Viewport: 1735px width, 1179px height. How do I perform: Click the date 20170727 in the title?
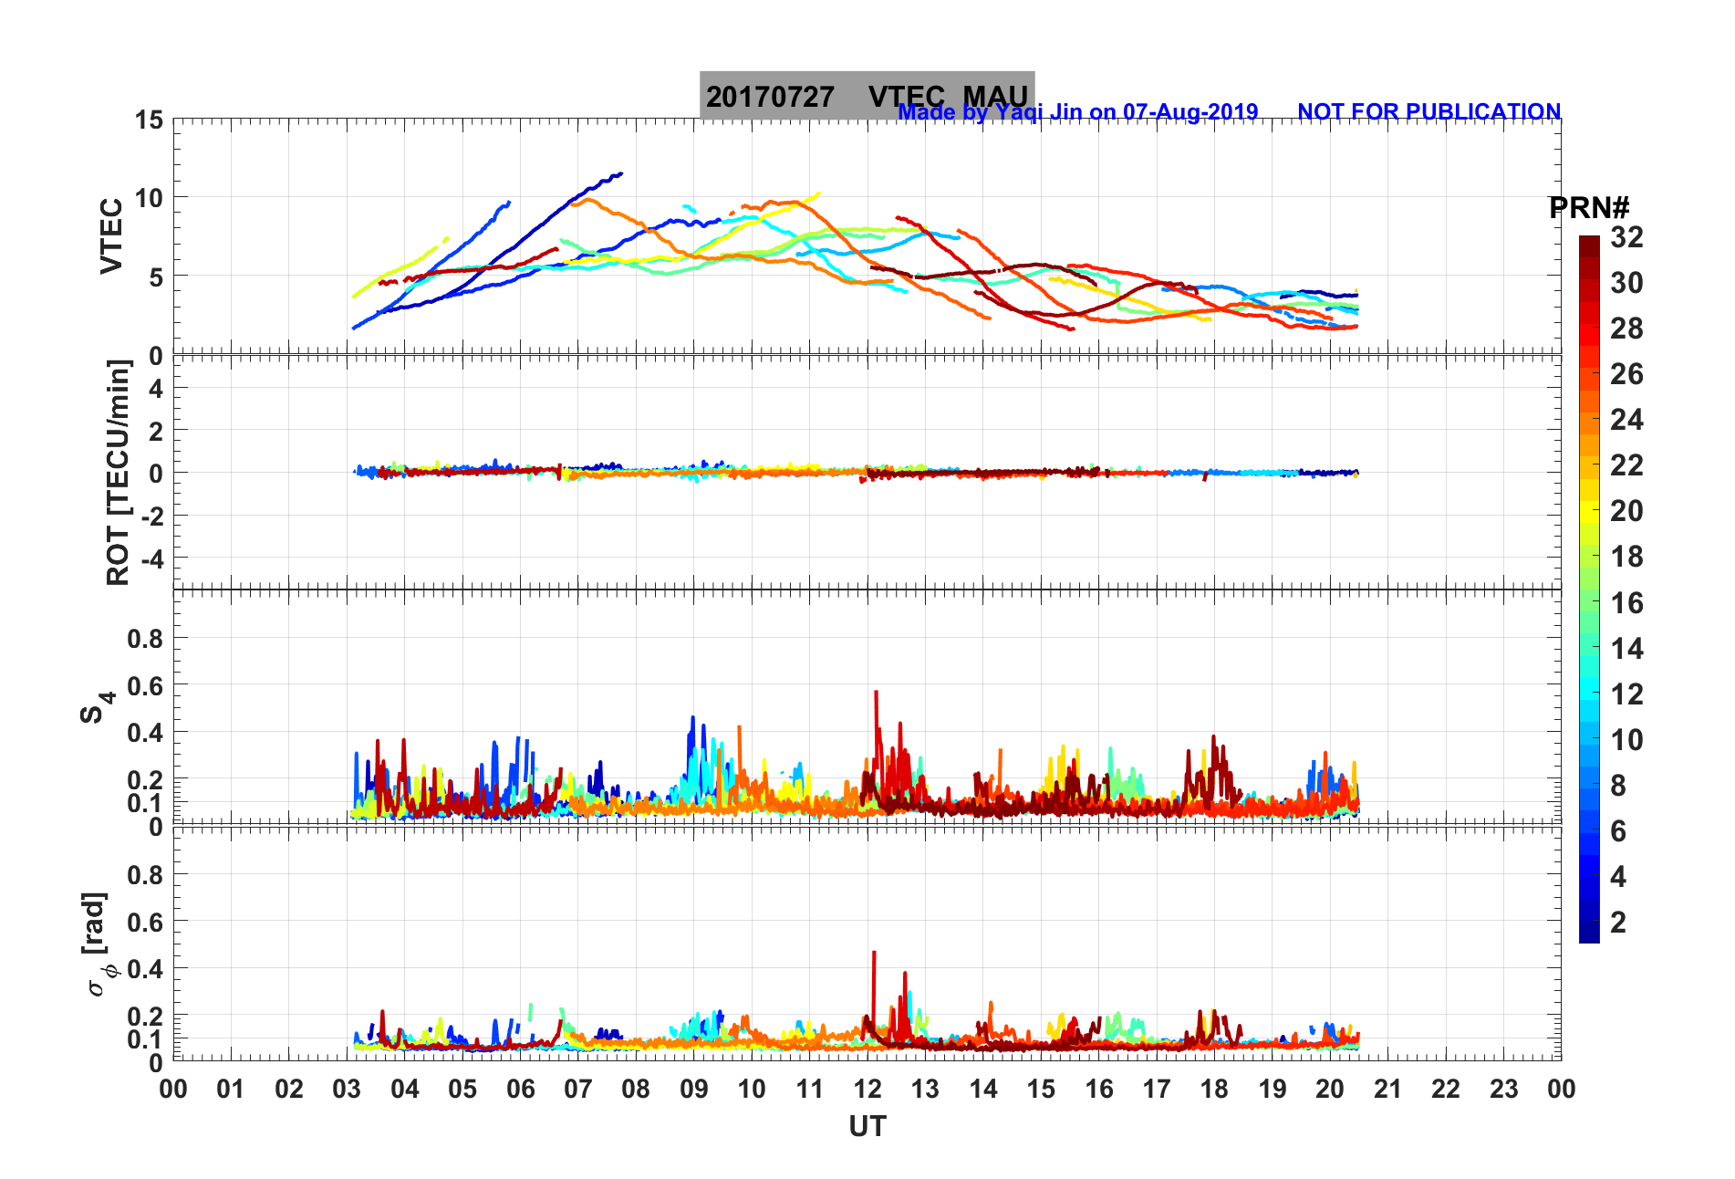click(x=770, y=96)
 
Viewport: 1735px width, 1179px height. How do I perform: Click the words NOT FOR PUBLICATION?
click(x=1429, y=111)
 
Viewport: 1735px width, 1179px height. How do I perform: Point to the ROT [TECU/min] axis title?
click(x=119, y=472)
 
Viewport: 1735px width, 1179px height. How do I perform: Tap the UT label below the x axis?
click(x=867, y=1127)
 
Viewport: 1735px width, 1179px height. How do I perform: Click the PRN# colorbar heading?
click(x=1588, y=208)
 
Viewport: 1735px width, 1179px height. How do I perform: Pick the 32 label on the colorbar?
click(x=1626, y=237)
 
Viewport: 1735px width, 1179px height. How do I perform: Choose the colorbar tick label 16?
click(x=1626, y=602)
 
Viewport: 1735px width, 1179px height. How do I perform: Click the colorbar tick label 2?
click(x=1618, y=922)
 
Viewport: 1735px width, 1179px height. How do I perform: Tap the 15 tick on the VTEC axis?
click(x=149, y=120)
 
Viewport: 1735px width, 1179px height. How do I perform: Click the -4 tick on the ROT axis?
click(x=150, y=558)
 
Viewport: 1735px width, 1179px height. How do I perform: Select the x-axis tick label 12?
click(x=867, y=1089)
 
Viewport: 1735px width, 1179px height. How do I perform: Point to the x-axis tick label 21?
click(x=1387, y=1089)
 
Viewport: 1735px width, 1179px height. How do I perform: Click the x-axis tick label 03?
click(x=347, y=1089)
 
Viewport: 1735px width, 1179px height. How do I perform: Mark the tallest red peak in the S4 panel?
click(x=876, y=693)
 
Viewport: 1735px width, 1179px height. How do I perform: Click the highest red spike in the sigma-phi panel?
click(x=874, y=953)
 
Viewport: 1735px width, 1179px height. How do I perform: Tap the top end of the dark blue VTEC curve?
click(x=620, y=173)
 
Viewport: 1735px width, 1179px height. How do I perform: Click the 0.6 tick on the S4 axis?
click(x=145, y=685)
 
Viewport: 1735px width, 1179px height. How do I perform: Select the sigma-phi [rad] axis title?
click(x=96, y=944)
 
